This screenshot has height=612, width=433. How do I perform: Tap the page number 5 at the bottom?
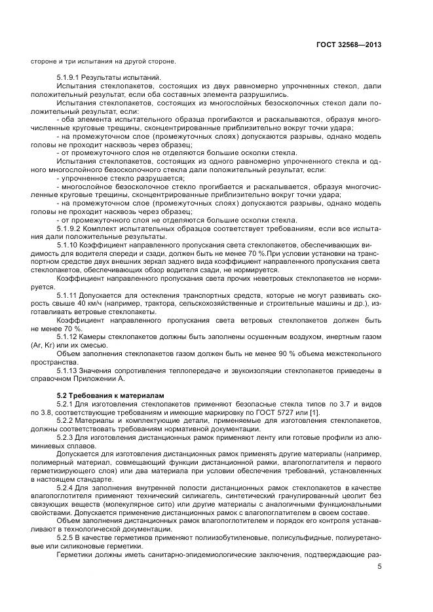pyautogui.click(x=380, y=567)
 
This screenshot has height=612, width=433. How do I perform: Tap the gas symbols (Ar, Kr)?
pyautogui.click(x=43, y=344)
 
